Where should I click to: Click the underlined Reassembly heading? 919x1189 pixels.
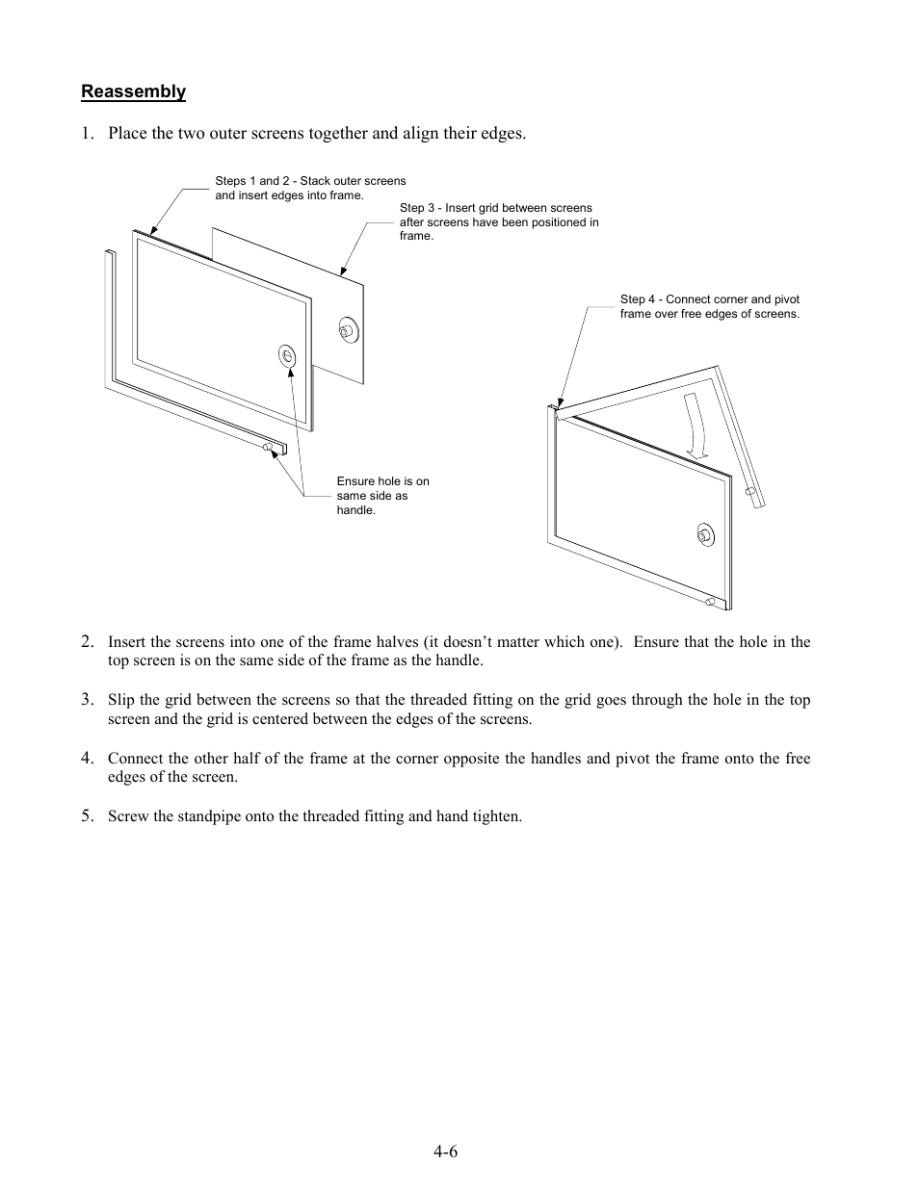coord(133,91)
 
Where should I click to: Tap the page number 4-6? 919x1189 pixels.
coord(445,1152)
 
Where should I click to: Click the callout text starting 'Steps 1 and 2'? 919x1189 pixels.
coord(310,188)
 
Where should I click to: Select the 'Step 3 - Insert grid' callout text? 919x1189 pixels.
coord(498,221)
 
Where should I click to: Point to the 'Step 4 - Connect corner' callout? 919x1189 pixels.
coord(709,306)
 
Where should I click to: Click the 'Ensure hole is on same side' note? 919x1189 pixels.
coord(382,495)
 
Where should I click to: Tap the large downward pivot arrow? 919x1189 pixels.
coord(696,425)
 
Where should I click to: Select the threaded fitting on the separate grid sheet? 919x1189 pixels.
coord(346,330)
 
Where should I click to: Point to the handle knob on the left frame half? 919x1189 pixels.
coord(267,447)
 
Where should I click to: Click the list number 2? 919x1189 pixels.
coord(88,641)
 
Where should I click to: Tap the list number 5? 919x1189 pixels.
coord(88,815)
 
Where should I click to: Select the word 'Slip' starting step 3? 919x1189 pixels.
coord(120,700)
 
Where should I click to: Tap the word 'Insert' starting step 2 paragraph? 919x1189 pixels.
coord(127,642)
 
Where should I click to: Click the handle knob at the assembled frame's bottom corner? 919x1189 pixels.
coord(709,603)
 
